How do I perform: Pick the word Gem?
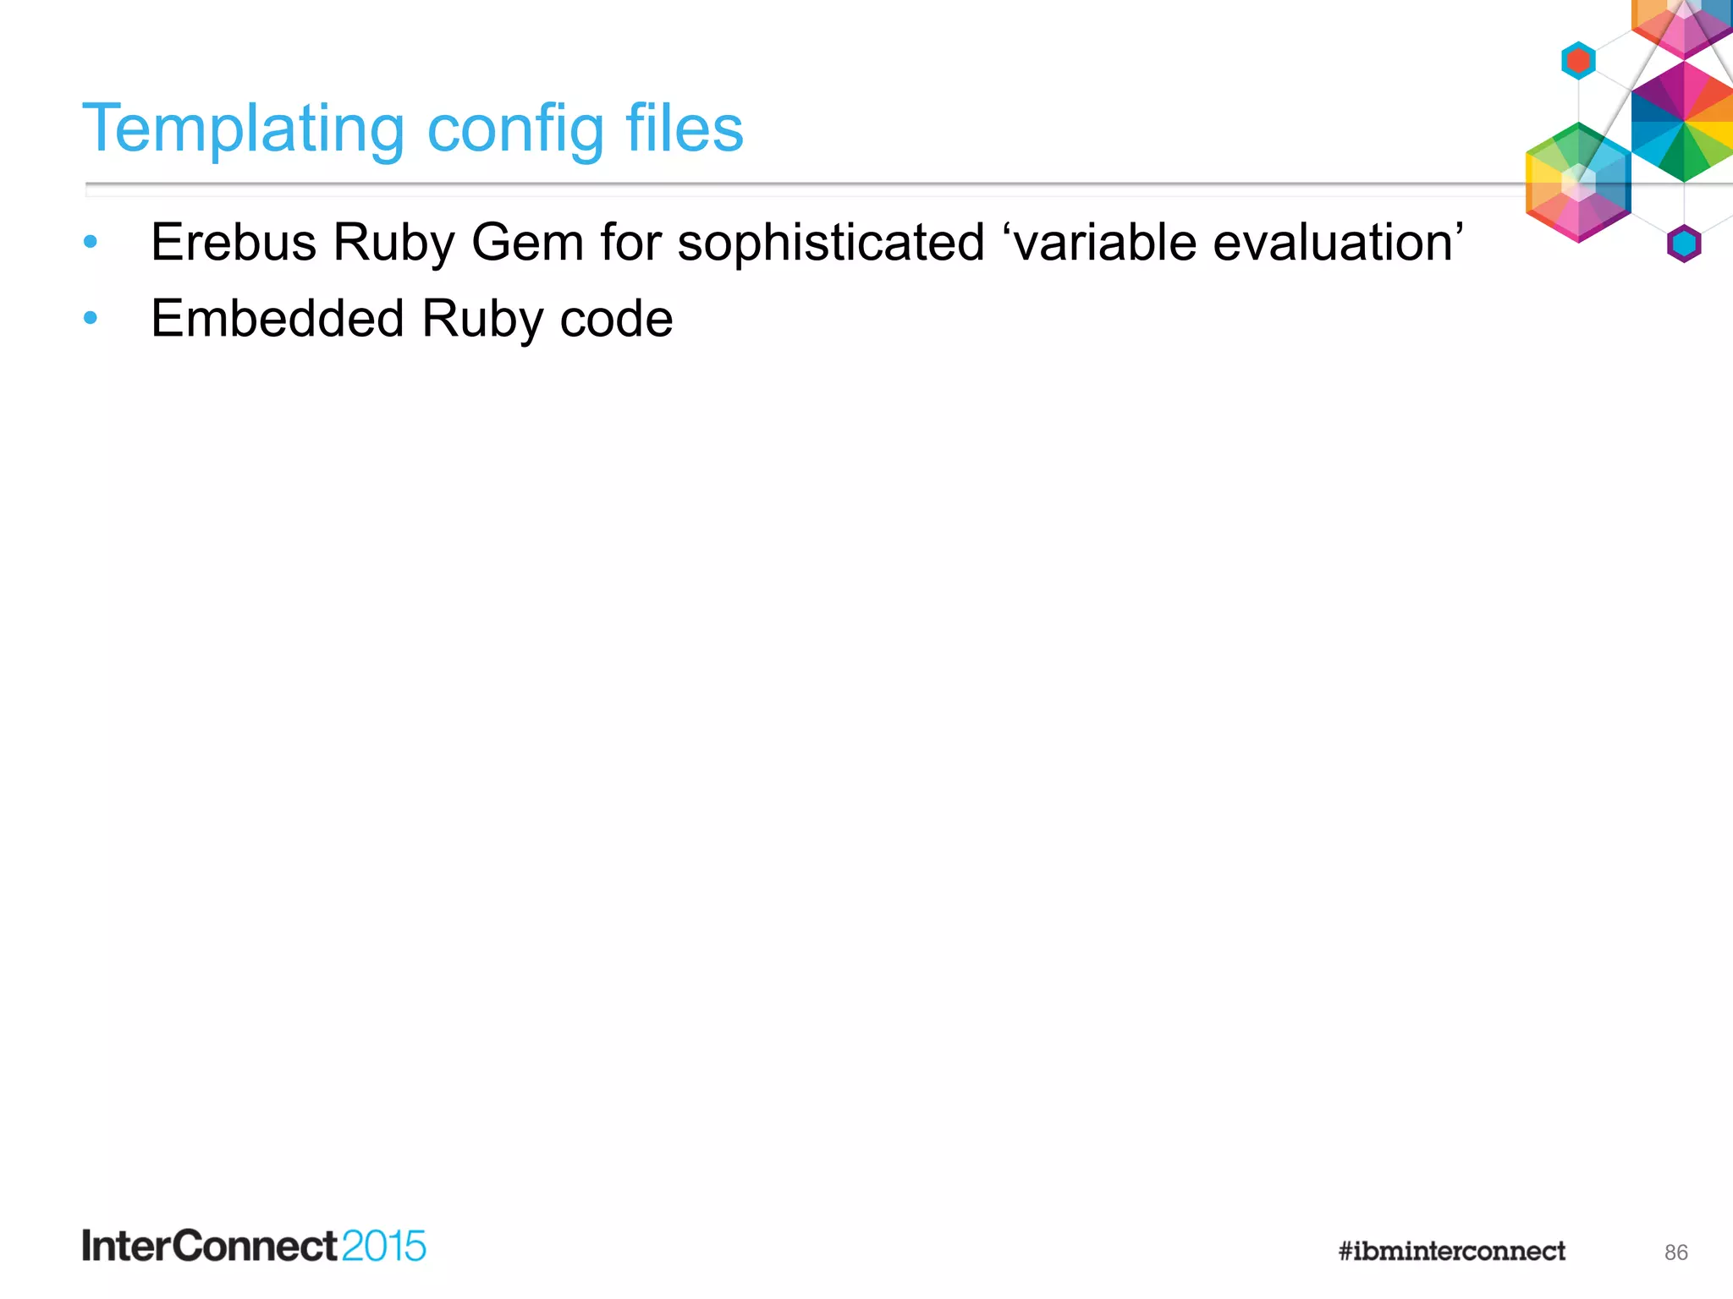point(527,243)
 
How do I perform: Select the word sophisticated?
point(831,243)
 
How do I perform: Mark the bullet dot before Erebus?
point(91,243)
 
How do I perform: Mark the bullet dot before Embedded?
point(91,319)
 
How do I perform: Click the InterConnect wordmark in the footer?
point(210,1246)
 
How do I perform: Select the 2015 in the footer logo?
point(384,1246)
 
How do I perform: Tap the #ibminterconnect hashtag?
point(1451,1251)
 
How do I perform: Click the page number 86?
point(1675,1252)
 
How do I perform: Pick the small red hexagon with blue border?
point(1578,61)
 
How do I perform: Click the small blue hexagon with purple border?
point(1684,244)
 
